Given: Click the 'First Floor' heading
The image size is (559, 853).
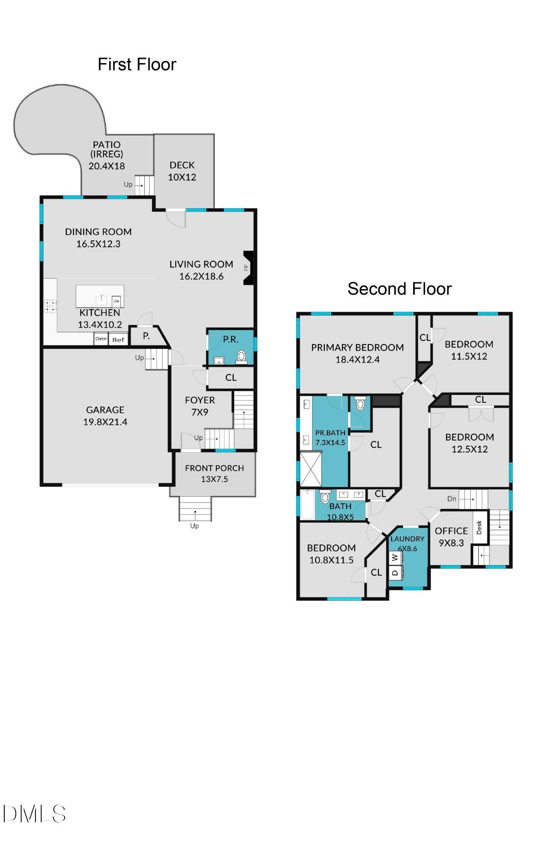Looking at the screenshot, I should (x=137, y=64).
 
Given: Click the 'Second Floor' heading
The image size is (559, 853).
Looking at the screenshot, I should (x=399, y=289).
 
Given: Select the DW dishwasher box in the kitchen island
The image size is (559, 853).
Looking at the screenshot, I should (x=116, y=301).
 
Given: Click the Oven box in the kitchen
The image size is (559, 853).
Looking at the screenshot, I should (x=101, y=339).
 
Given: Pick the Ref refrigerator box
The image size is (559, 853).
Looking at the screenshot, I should (x=118, y=339).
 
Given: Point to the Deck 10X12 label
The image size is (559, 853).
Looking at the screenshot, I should (x=182, y=171).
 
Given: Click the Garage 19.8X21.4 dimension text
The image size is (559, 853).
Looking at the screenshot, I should (x=105, y=422).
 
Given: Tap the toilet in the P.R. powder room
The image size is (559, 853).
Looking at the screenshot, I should (x=242, y=356).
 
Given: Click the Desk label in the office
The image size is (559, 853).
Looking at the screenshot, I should (x=479, y=528).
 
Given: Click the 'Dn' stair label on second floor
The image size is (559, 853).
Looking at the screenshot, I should (x=452, y=499).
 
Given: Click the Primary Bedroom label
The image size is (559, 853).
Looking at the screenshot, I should (x=357, y=348).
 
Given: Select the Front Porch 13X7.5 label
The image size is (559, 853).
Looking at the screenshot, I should (x=214, y=473).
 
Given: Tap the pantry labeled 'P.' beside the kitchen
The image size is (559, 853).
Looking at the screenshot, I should (x=146, y=336).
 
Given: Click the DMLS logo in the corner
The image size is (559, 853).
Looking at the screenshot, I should (x=34, y=814).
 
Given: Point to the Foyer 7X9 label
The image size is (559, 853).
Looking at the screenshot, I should (x=200, y=406).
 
